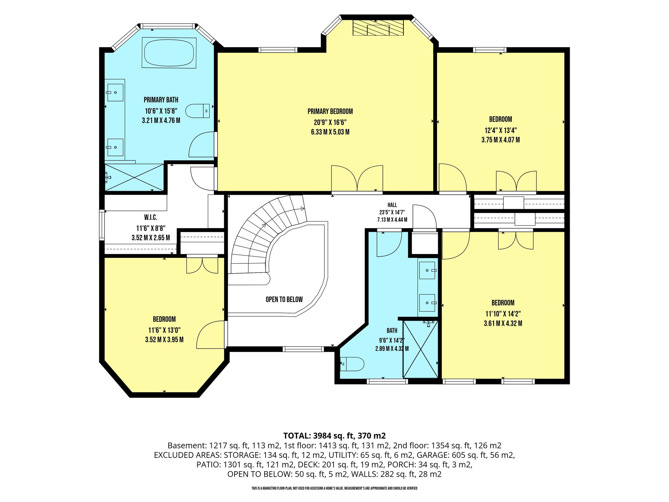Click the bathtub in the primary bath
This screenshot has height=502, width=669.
(169, 53)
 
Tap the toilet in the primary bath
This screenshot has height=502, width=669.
(198, 111)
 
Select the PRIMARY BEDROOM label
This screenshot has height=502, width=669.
(330, 111)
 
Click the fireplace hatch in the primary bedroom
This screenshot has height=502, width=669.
(378, 28)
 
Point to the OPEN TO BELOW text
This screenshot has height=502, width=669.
(284, 299)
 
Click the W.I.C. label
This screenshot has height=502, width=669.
(151, 217)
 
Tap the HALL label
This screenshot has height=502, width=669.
(392, 205)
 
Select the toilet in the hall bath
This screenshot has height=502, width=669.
(352, 364)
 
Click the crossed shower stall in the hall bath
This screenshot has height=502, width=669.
(420, 349)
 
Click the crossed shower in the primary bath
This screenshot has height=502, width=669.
(134, 177)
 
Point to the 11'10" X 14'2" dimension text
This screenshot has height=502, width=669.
(503, 314)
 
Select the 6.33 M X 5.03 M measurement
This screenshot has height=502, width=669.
(330, 132)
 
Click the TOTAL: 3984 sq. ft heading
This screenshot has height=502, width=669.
(319, 436)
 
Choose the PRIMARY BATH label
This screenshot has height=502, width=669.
(161, 100)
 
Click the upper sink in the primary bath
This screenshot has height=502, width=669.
(115, 92)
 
